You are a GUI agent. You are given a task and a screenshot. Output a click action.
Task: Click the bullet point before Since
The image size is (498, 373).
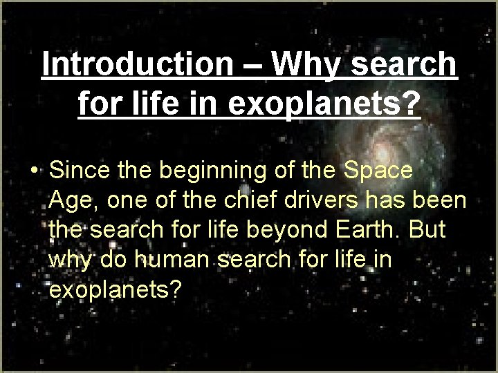pos(33,171)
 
